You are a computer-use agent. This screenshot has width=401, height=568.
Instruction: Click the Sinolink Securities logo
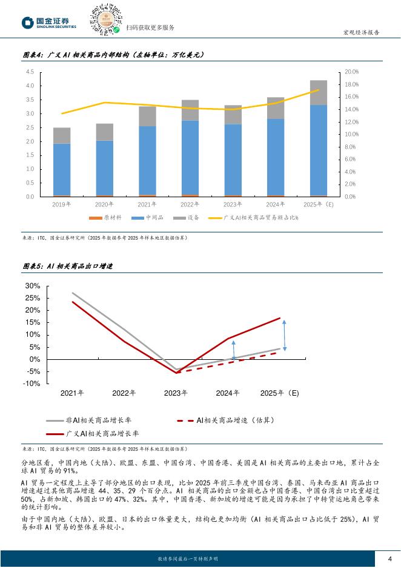pos(50,22)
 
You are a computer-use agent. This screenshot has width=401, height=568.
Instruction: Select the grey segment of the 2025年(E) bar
pos(319,92)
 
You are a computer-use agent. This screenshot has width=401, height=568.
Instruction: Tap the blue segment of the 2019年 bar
pos(62,169)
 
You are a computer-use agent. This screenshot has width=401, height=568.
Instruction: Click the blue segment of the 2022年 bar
pos(190,157)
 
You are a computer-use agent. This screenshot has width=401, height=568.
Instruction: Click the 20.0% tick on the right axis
pos(351,72)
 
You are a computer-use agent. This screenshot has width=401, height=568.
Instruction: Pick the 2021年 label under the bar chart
pos(147,205)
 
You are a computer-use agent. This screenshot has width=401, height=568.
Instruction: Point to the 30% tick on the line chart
pos(33,286)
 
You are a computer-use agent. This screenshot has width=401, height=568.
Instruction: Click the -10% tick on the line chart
pos(32,384)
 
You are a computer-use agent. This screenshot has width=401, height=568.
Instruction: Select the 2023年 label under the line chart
pos(176,393)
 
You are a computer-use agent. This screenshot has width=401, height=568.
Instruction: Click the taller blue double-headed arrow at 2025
pos(284,335)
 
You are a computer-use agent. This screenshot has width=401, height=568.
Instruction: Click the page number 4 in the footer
pos(389,558)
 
